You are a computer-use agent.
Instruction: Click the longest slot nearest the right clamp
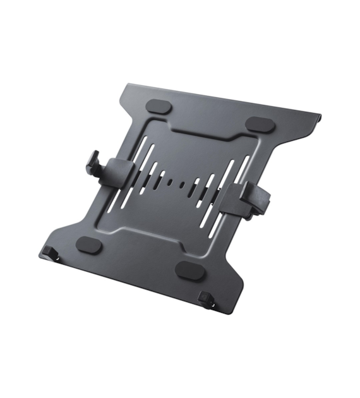coord(226,190)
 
